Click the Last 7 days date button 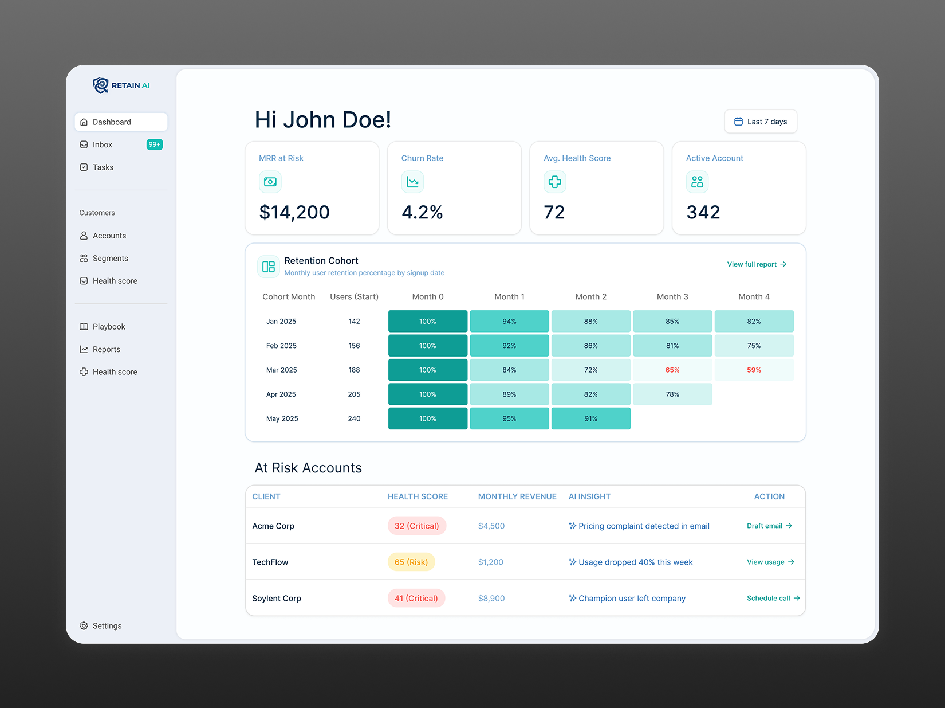761,122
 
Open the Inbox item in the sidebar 103,145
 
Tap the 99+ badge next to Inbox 155,144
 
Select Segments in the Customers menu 110,259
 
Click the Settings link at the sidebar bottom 107,626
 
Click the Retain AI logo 121,85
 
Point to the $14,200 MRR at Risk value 294,213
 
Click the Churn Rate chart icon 412,182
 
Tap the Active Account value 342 703,213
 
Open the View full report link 756,264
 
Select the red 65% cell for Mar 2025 672,370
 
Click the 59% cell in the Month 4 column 754,370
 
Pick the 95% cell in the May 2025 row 509,419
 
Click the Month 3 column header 672,297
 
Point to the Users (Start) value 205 354,394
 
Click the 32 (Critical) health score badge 416,526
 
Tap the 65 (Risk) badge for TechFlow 411,562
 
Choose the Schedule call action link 773,599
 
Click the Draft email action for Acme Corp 769,526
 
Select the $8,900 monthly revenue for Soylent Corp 491,599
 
